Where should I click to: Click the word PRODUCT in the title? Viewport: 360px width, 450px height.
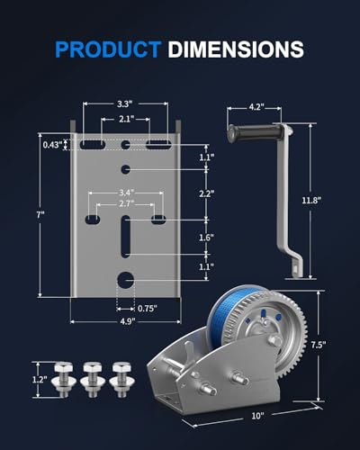pos(108,49)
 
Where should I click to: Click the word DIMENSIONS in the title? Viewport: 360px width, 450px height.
pos(236,49)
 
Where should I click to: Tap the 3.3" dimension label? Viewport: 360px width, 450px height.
pos(125,103)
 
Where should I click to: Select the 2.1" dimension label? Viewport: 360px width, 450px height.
pos(126,119)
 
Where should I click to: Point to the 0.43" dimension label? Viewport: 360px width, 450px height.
pos(52,145)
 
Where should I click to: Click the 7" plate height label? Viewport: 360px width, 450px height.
pos(40,214)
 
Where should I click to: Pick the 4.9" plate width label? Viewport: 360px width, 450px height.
pos(128,321)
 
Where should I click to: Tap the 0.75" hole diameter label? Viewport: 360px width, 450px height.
pos(148,309)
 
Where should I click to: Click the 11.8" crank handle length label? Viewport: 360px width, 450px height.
pos(311,201)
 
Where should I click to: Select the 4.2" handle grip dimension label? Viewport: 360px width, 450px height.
pos(256,107)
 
